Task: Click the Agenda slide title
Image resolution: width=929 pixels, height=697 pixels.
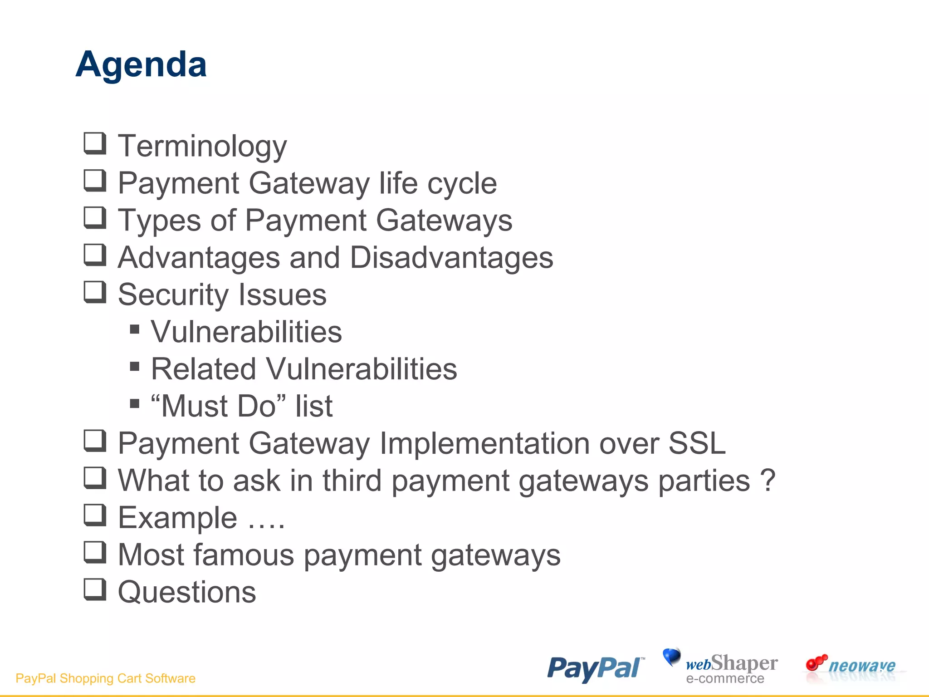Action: [x=141, y=65]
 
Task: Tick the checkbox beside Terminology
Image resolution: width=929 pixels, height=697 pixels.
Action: [x=95, y=143]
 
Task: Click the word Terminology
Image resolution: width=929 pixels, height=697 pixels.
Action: [x=202, y=146]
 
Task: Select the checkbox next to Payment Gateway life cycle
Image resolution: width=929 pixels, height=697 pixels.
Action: [x=95, y=181]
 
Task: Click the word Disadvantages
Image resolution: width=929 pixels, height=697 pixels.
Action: [x=451, y=258]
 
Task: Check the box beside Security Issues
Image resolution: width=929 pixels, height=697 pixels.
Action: [x=95, y=292]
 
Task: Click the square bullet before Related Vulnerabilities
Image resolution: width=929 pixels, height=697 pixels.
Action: [x=134, y=366]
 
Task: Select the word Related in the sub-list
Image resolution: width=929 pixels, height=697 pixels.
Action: [x=203, y=369]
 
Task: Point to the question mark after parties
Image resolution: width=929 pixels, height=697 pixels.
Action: [x=768, y=481]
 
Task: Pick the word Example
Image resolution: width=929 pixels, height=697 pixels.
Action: [x=177, y=518]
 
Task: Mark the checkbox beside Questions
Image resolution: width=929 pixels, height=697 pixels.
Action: [x=95, y=589]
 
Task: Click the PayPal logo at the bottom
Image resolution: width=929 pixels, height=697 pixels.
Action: [x=595, y=668]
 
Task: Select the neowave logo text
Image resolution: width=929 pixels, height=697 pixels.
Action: [x=861, y=666]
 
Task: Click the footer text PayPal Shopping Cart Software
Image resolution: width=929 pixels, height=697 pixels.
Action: [x=105, y=678]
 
